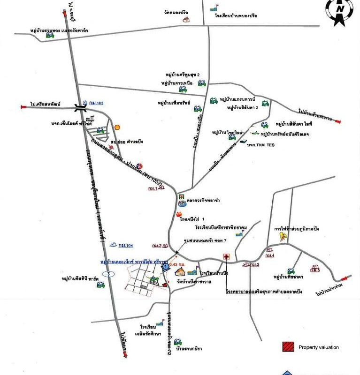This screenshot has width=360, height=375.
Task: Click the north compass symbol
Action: [339, 10]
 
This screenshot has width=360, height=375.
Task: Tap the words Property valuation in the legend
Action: [318, 347]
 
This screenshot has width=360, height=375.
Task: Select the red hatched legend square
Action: [288, 347]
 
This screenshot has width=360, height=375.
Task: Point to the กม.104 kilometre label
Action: [125, 245]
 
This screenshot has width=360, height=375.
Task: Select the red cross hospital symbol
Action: [226, 257]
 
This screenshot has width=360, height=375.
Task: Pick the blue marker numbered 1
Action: [165, 266]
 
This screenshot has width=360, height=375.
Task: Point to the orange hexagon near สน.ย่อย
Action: [117, 127]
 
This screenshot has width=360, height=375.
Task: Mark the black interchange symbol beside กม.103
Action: [80, 107]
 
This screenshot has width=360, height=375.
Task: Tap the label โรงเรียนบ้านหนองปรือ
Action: [236, 16]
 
